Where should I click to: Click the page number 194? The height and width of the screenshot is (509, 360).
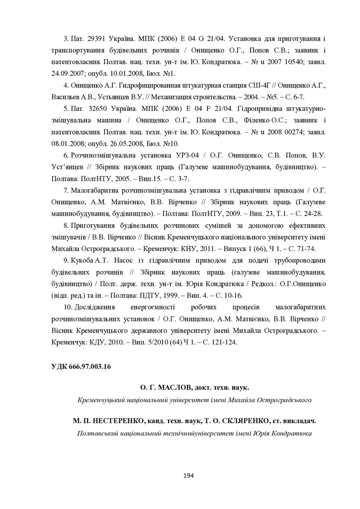188,476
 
